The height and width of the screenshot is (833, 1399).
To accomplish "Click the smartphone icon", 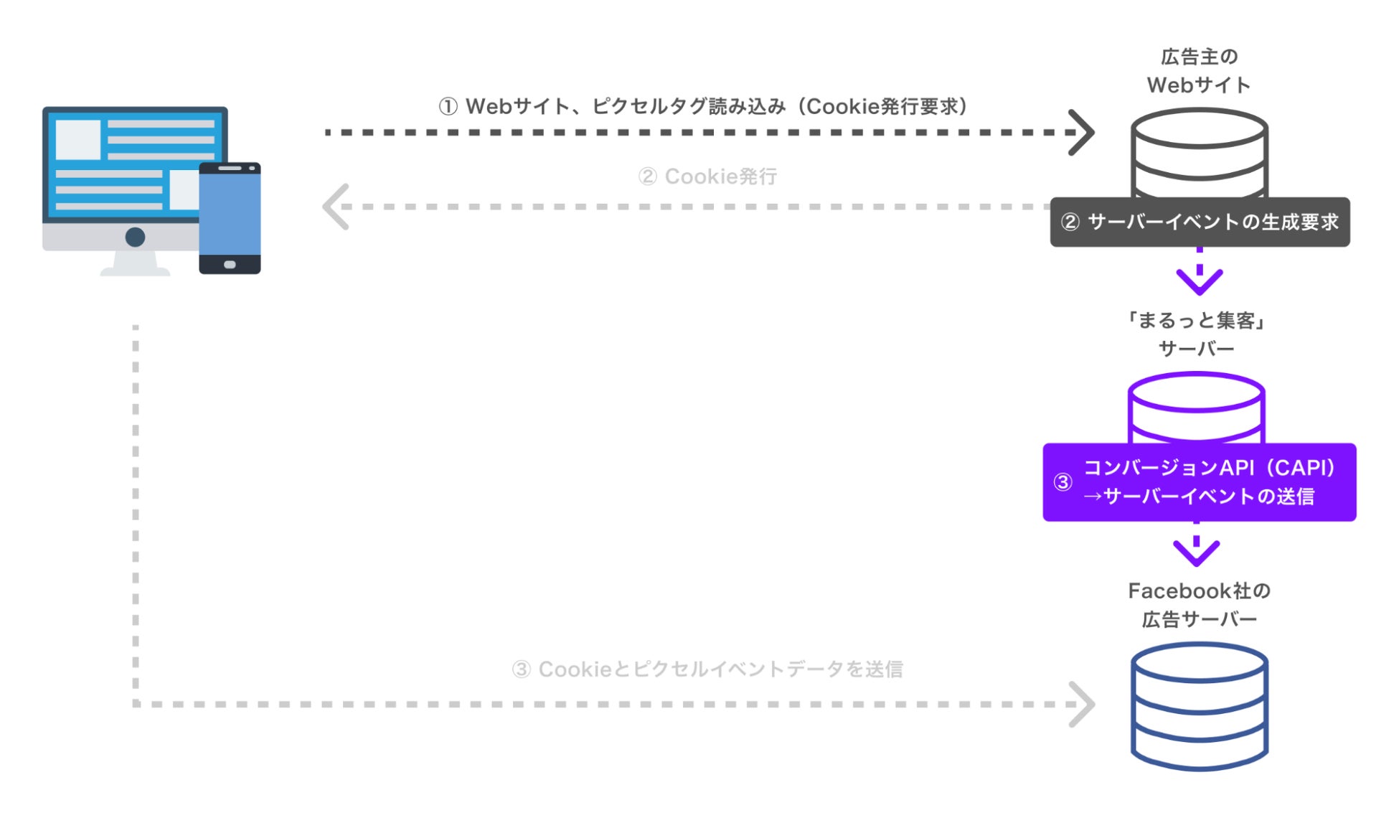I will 230,217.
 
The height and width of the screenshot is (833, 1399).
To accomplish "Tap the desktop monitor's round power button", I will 135,237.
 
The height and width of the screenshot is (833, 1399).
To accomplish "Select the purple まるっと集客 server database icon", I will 1196,406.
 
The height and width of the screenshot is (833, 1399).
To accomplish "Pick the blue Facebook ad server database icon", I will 1199,706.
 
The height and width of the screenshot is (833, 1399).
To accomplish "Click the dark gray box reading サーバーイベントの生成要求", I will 1200,222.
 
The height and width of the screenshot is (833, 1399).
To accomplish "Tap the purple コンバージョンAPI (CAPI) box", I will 1199,482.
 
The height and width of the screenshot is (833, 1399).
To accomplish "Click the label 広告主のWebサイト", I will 1199,71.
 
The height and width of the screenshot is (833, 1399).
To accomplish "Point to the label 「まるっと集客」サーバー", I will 1196,334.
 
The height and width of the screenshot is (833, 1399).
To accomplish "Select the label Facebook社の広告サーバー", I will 1199,605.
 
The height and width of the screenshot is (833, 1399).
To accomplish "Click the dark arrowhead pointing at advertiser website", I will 1081,132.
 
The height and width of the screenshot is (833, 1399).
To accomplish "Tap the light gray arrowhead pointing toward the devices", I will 336,207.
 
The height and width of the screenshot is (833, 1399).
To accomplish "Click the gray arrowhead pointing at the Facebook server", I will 1081,705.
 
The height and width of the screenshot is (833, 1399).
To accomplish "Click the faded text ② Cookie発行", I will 707,177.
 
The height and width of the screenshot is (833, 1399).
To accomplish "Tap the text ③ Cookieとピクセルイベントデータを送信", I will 707,669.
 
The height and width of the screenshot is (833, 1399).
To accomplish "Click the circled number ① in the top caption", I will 448,107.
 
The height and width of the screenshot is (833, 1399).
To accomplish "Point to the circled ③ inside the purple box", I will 1063,482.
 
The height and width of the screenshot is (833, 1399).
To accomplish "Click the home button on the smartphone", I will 230,265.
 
